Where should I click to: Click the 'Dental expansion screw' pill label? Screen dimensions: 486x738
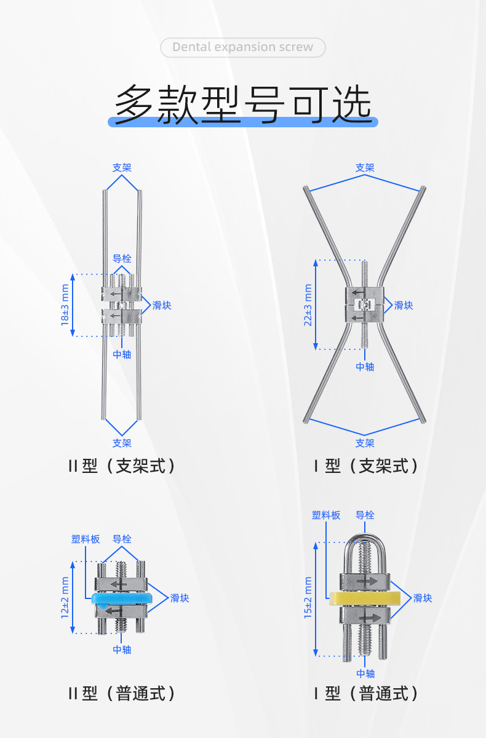[x=243, y=47]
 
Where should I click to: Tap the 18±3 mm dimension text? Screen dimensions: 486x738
[x=65, y=305]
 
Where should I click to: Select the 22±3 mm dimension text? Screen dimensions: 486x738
[x=308, y=305]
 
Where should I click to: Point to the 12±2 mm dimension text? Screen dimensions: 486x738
[x=65, y=598]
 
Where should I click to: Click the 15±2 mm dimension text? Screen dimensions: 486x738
[x=308, y=598]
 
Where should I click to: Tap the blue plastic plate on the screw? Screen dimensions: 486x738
[x=121, y=598]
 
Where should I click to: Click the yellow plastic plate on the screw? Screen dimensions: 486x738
[x=365, y=598]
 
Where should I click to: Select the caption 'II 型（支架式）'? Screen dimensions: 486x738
[x=122, y=466]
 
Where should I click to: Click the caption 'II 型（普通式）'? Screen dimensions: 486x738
[x=122, y=693]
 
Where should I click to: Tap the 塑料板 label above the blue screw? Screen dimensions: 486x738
[x=86, y=539]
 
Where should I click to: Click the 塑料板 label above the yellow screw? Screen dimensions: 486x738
[x=326, y=515]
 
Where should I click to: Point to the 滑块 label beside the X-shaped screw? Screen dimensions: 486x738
[x=404, y=306]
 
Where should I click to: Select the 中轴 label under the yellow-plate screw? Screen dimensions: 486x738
[x=365, y=673]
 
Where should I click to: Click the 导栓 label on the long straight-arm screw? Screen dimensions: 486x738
[x=122, y=259]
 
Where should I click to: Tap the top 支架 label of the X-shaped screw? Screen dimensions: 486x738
[x=365, y=168]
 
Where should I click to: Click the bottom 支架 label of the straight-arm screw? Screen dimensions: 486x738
[x=122, y=443]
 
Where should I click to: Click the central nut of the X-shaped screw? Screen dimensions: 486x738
[x=365, y=305]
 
